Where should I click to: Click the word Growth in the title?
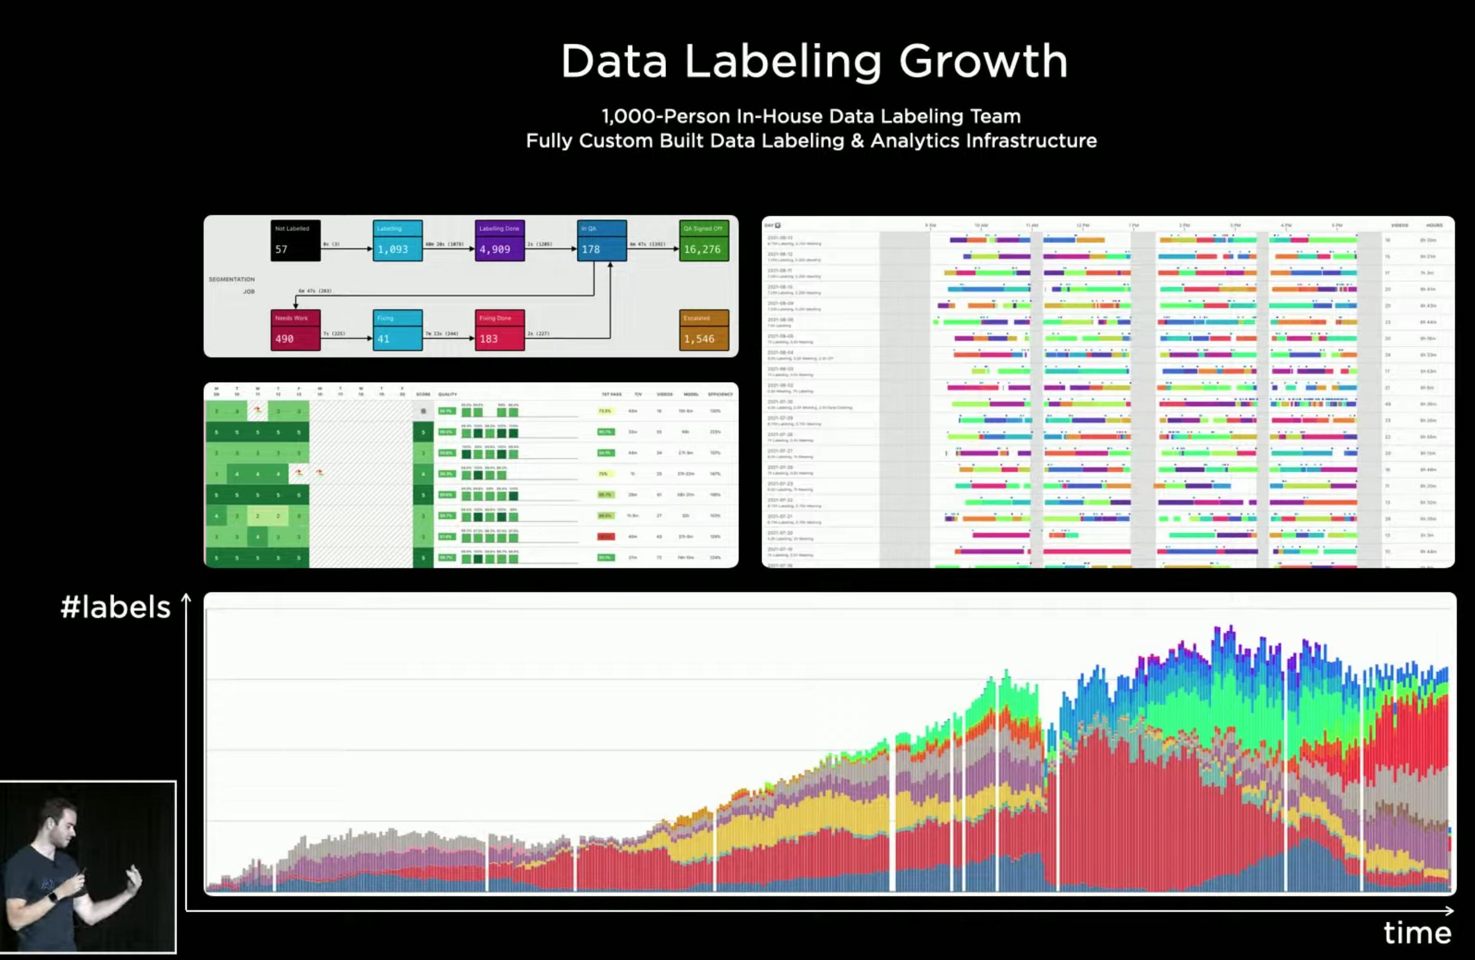coord(983,62)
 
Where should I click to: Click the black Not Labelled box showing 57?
coord(295,240)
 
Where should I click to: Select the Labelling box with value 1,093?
coord(397,240)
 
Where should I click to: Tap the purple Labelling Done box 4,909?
coord(500,240)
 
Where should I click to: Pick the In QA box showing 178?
coord(601,240)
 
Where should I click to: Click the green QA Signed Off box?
coord(704,240)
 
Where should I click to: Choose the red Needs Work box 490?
coord(295,330)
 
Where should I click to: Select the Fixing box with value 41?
coord(397,330)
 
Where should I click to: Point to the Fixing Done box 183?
coord(500,330)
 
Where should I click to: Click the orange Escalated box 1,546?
coord(704,330)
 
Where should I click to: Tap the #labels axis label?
coord(115,608)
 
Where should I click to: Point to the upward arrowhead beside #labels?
coord(186,598)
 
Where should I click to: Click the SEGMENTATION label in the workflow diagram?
coord(231,280)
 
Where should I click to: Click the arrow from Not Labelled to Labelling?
coord(347,249)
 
